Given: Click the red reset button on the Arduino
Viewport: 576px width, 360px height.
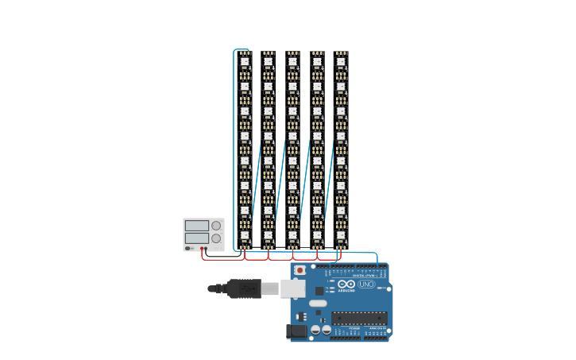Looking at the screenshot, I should coord(300,270).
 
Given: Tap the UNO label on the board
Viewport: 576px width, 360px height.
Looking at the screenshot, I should coord(366,284).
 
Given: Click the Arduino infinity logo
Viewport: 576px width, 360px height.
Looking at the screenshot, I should coord(346,284).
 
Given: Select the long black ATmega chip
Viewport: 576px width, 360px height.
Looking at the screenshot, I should coord(359,318).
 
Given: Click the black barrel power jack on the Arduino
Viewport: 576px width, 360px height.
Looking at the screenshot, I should coord(296,331).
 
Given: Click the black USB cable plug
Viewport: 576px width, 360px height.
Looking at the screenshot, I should coord(244,288).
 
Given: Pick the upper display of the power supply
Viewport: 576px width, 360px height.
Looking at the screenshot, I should coord(196,226).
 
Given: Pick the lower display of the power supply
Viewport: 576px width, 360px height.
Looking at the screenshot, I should coord(196,238).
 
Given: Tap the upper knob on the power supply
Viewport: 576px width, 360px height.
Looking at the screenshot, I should coord(216,226).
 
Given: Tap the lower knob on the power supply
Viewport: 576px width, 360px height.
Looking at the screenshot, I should coord(216,238).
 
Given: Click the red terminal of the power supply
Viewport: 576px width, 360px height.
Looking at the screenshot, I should coord(202,248).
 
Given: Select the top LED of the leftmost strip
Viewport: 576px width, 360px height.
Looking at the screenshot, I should coord(245,61).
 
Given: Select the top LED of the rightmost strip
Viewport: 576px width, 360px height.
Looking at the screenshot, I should coord(341,61).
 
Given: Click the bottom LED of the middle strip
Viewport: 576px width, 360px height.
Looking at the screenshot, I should coord(292,234).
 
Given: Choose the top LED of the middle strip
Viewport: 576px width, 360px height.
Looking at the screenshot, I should coord(292,61).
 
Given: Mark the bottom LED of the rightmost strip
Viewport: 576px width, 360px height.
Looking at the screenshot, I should coord(341,234).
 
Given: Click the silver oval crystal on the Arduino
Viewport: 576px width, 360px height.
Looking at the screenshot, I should coord(318,303).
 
